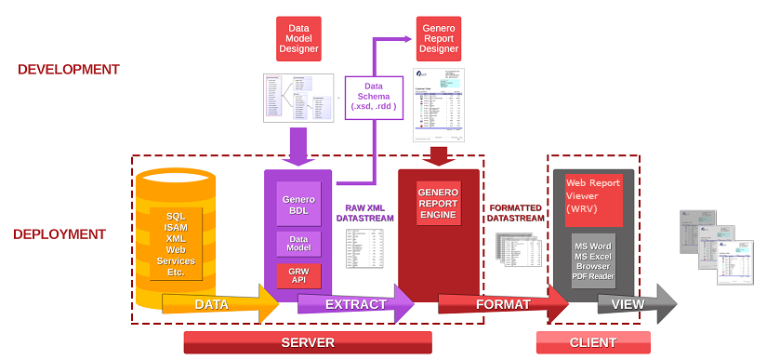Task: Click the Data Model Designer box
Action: (298, 37)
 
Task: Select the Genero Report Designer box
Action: (437, 37)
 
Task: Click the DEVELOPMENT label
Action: (69, 69)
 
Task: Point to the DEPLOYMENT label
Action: (59, 234)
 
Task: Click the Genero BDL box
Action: (298, 205)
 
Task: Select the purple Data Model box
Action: (298, 245)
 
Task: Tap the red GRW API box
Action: (298, 275)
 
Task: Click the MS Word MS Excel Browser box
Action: (594, 260)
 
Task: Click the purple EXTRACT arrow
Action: (354, 304)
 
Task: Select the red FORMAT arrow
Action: (503, 304)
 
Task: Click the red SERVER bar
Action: (308, 342)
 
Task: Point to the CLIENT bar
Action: (590, 342)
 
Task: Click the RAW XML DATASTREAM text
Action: (365, 210)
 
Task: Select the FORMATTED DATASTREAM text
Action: (515, 210)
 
